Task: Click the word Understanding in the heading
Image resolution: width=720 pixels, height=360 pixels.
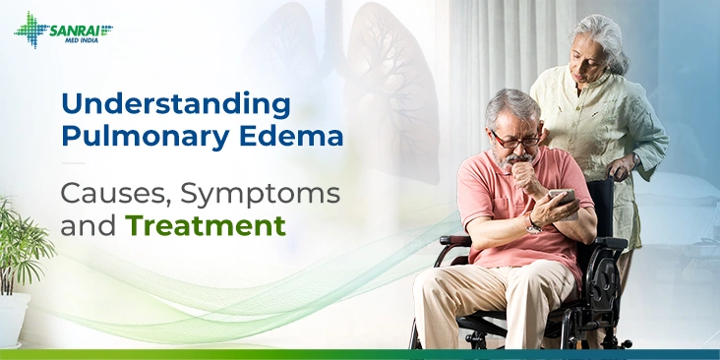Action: point(175,103)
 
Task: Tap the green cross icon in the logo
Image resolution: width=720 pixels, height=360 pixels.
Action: point(30,30)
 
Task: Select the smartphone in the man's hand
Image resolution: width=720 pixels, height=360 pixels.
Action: point(561,198)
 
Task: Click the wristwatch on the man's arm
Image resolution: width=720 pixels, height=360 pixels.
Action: point(533,224)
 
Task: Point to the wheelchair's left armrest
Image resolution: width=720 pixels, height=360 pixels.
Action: point(454,240)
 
